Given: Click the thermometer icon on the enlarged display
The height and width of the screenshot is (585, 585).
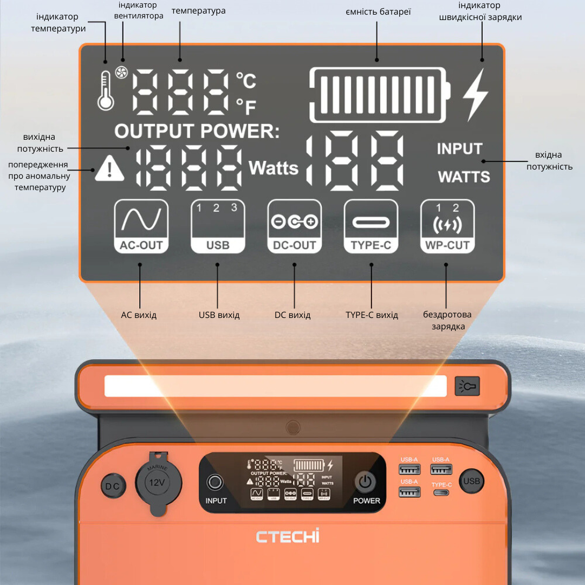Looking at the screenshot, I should [x=106, y=92].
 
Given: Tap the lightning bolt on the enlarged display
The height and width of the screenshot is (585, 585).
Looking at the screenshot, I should [x=476, y=95].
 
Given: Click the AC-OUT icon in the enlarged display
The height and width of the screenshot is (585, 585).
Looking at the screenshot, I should [x=141, y=226].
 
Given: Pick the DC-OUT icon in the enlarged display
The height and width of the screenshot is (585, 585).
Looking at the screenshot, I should [x=295, y=226].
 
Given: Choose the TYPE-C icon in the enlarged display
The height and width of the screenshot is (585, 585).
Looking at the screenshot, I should [x=371, y=226].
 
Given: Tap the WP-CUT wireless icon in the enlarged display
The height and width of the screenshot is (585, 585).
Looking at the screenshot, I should [x=447, y=226].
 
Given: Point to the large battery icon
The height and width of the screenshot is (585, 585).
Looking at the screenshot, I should [x=379, y=95].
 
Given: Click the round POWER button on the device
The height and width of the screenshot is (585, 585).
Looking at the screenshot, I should [x=366, y=481].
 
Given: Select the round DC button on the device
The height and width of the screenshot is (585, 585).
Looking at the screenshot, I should [x=112, y=486].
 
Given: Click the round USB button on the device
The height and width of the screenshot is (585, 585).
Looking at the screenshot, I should [x=471, y=480].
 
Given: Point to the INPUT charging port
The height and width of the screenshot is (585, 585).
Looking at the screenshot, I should [x=216, y=482].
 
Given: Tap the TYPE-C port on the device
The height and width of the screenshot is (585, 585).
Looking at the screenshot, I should [x=442, y=493].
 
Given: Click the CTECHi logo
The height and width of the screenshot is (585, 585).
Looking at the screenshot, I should [x=288, y=536].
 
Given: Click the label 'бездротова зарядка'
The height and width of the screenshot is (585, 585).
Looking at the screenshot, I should [x=447, y=320].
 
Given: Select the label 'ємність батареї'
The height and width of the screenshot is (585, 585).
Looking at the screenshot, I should [x=378, y=11].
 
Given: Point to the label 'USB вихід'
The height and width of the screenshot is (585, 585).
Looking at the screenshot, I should [x=219, y=315].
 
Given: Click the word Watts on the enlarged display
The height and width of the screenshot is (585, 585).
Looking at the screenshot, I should [x=274, y=168].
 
